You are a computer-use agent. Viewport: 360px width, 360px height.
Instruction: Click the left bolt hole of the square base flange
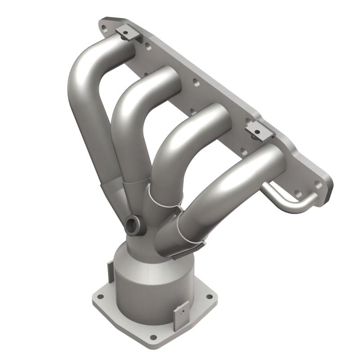click(100, 297)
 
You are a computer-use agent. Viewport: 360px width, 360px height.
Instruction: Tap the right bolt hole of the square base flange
click(208, 296)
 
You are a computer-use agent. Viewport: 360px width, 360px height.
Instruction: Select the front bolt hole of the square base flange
click(153, 337)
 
